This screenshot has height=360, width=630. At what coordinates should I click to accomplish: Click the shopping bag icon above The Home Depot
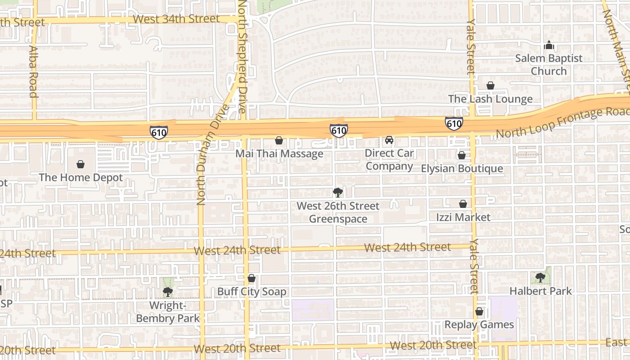coord(81,164)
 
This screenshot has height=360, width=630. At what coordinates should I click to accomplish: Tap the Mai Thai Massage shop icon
coord(279,141)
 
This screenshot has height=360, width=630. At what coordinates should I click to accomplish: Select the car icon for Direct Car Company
coord(389,140)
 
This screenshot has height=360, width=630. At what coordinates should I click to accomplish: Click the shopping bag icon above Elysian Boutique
coord(461,156)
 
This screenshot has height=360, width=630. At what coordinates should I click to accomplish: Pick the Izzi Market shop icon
coord(463,204)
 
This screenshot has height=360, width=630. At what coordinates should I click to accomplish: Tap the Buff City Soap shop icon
coord(252,279)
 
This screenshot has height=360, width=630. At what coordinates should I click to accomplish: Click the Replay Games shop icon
coord(479,311)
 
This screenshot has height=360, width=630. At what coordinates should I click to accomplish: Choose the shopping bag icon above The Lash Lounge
coord(490,85)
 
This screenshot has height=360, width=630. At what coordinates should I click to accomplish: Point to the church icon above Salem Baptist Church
coord(549,45)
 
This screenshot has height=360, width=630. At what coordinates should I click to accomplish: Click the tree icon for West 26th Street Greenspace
coord(337,193)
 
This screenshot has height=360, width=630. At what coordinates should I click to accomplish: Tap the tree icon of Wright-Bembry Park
coord(168,292)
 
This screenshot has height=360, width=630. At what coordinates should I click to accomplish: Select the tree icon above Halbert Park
coord(540,278)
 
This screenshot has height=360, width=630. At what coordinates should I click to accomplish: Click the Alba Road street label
coord(33,71)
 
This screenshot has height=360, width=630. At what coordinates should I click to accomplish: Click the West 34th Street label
coord(176,19)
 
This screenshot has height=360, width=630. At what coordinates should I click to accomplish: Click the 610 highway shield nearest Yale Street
coord(454,123)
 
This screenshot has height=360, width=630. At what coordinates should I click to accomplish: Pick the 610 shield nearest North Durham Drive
coord(159,132)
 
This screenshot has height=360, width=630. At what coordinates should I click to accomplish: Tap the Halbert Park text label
coord(540,291)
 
